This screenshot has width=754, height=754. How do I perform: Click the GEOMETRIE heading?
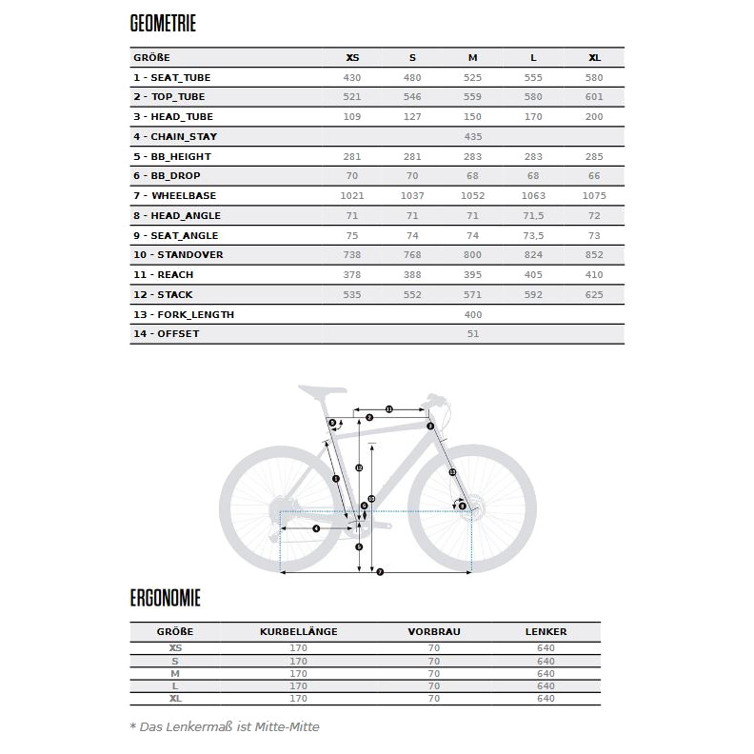(x=163, y=24)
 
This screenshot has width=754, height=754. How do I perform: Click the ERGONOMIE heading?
(x=165, y=598)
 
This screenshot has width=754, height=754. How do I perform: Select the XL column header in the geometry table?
(x=594, y=57)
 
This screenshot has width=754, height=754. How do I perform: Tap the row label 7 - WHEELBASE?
(x=175, y=196)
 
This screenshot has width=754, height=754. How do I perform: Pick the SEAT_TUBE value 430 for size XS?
(x=353, y=77)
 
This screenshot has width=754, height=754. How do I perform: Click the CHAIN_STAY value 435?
(x=473, y=137)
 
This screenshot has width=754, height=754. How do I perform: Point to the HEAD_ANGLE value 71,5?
(x=533, y=216)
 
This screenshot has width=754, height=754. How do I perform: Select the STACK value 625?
(x=594, y=295)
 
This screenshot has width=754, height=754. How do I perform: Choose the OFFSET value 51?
(x=473, y=334)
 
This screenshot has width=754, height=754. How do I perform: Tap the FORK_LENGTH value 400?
(x=473, y=315)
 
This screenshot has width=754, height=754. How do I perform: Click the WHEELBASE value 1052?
(x=473, y=196)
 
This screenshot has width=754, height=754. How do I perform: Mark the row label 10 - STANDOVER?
(x=178, y=255)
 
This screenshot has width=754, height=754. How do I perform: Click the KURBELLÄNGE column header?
(x=298, y=631)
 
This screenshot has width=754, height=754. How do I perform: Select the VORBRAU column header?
(x=434, y=631)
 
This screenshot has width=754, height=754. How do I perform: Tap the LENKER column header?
(x=546, y=631)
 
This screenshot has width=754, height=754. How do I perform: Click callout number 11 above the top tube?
(x=389, y=409)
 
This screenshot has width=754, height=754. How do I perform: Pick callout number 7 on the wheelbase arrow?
(x=380, y=572)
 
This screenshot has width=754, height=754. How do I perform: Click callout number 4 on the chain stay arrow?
(x=315, y=528)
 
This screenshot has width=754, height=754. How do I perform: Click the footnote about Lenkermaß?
(x=225, y=726)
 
